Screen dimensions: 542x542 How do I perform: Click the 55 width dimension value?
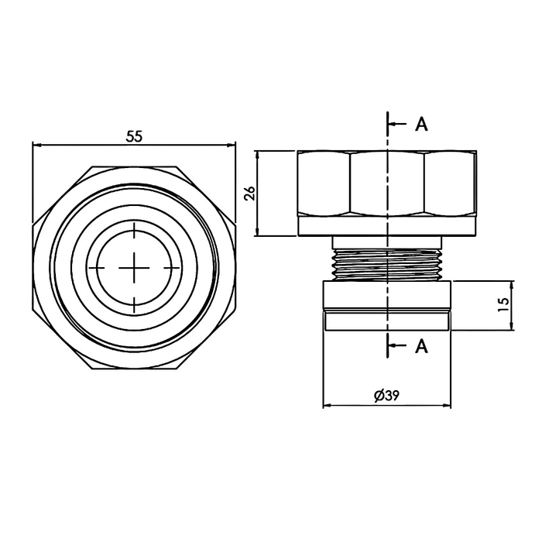[x=134, y=136]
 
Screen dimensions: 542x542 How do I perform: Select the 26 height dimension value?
[x=249, y=194]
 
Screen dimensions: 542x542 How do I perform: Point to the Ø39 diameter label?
[x=386, y=395]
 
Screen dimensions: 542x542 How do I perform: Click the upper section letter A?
[x=421, y=125]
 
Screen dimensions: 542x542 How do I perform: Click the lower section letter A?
[x=421, y=346]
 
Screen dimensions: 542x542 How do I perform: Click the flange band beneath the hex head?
[x=386, y=225]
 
